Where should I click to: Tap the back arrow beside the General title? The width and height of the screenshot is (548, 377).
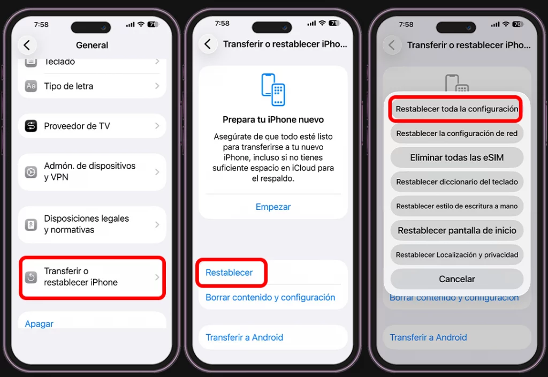pos(27,45)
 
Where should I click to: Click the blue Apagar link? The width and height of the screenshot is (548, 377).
pos(39,323)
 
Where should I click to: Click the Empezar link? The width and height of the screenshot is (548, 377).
pos(273,207)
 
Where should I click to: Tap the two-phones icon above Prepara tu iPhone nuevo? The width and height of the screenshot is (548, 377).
pos(273,90)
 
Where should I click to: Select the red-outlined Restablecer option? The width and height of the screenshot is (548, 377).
pos(230,273)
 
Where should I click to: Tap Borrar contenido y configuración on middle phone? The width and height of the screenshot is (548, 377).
pos(270,297)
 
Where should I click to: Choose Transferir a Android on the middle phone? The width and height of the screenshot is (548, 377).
pos(245,337)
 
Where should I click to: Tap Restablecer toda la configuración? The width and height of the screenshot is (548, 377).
pos(456,109)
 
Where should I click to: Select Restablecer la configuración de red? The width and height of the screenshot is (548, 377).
pos(456,133)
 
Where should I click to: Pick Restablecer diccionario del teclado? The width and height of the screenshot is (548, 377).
pos(456,182)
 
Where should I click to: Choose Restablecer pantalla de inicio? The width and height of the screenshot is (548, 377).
pos(456,230)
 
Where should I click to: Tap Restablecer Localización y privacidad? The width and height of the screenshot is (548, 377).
pos(456,255)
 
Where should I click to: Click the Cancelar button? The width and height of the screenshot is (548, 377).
pos(456,279)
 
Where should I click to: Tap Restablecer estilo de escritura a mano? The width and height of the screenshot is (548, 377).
pos(456,206)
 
